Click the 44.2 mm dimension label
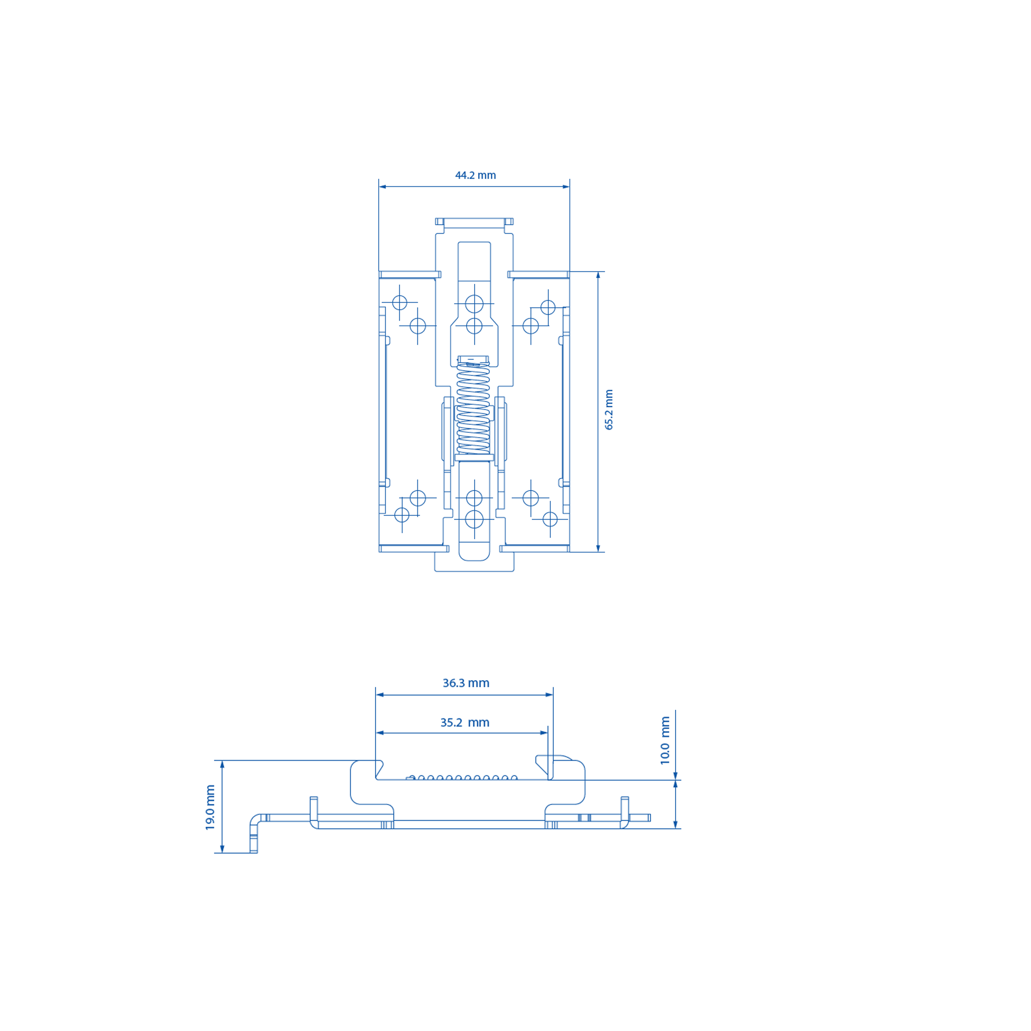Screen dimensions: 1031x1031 point(475,176)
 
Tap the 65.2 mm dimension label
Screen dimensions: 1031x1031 point(609,409)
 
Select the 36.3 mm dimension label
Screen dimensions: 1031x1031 point(466,683)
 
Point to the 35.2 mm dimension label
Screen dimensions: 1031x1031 point(464,722)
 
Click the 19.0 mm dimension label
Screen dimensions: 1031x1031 point(210,807)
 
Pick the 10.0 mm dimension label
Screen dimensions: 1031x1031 point(665,740)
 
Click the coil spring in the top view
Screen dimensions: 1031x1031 point(473,408)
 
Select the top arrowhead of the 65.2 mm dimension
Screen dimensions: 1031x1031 point(598,275)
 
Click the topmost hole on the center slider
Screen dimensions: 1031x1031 point(474,304)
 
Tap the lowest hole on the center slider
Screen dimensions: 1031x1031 point(474,519)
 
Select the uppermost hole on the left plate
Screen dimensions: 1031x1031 point(400,303)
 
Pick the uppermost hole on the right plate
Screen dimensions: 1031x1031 point(548,308)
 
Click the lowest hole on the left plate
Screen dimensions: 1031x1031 point(402,515)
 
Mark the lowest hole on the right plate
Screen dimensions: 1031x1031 point(550,519)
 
